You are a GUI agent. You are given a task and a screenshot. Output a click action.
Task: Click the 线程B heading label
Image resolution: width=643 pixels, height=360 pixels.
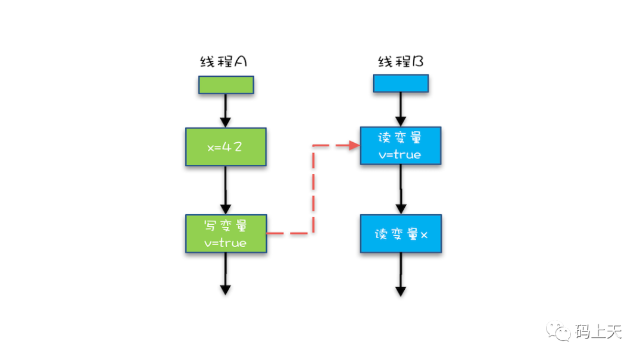click(401, 62)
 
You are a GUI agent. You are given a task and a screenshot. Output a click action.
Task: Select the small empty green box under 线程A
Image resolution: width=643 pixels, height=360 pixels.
click(226, 85)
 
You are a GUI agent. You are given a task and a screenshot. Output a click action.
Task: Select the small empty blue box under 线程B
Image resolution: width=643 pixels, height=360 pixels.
click(401, 84)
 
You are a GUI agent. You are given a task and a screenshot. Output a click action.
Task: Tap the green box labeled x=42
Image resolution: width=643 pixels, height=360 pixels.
click(225, 146)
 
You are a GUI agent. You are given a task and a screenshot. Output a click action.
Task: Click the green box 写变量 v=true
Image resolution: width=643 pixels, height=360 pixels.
click(226, 233)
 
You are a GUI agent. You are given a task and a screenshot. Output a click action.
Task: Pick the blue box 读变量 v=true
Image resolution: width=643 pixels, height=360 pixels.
click(400, 145)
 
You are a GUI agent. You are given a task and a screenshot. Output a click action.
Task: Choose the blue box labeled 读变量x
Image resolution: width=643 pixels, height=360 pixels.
click(401, 234)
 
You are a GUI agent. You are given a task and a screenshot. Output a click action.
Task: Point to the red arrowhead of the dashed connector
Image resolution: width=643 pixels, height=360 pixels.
click(354, 145)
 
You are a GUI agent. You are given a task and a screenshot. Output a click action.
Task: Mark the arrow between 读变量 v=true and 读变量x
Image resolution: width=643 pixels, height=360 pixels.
click(401, 189)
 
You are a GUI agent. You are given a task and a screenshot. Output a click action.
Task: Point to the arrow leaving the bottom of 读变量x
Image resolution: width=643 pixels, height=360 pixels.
click(401, 274)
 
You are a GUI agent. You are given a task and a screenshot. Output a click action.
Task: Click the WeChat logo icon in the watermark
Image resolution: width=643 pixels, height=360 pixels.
click(560, 331)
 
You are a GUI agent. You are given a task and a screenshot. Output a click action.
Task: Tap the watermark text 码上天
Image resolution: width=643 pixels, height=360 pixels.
click(598, 331)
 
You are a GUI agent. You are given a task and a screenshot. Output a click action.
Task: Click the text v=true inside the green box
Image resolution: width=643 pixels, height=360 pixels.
click(226, 243)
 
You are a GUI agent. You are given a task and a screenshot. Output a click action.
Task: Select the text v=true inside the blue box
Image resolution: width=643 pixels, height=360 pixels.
click(400, 154)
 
